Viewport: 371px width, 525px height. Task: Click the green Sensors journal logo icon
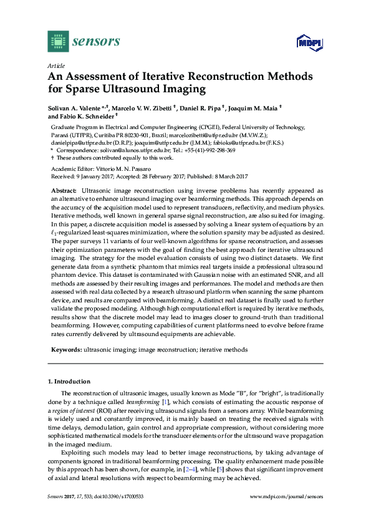pyautogui.click(x=57, y=41)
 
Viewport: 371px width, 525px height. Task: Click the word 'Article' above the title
pyautogui.click(x=55, y=65)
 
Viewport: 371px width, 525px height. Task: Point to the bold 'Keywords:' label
pyautogui.click(x=66, y=350)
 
